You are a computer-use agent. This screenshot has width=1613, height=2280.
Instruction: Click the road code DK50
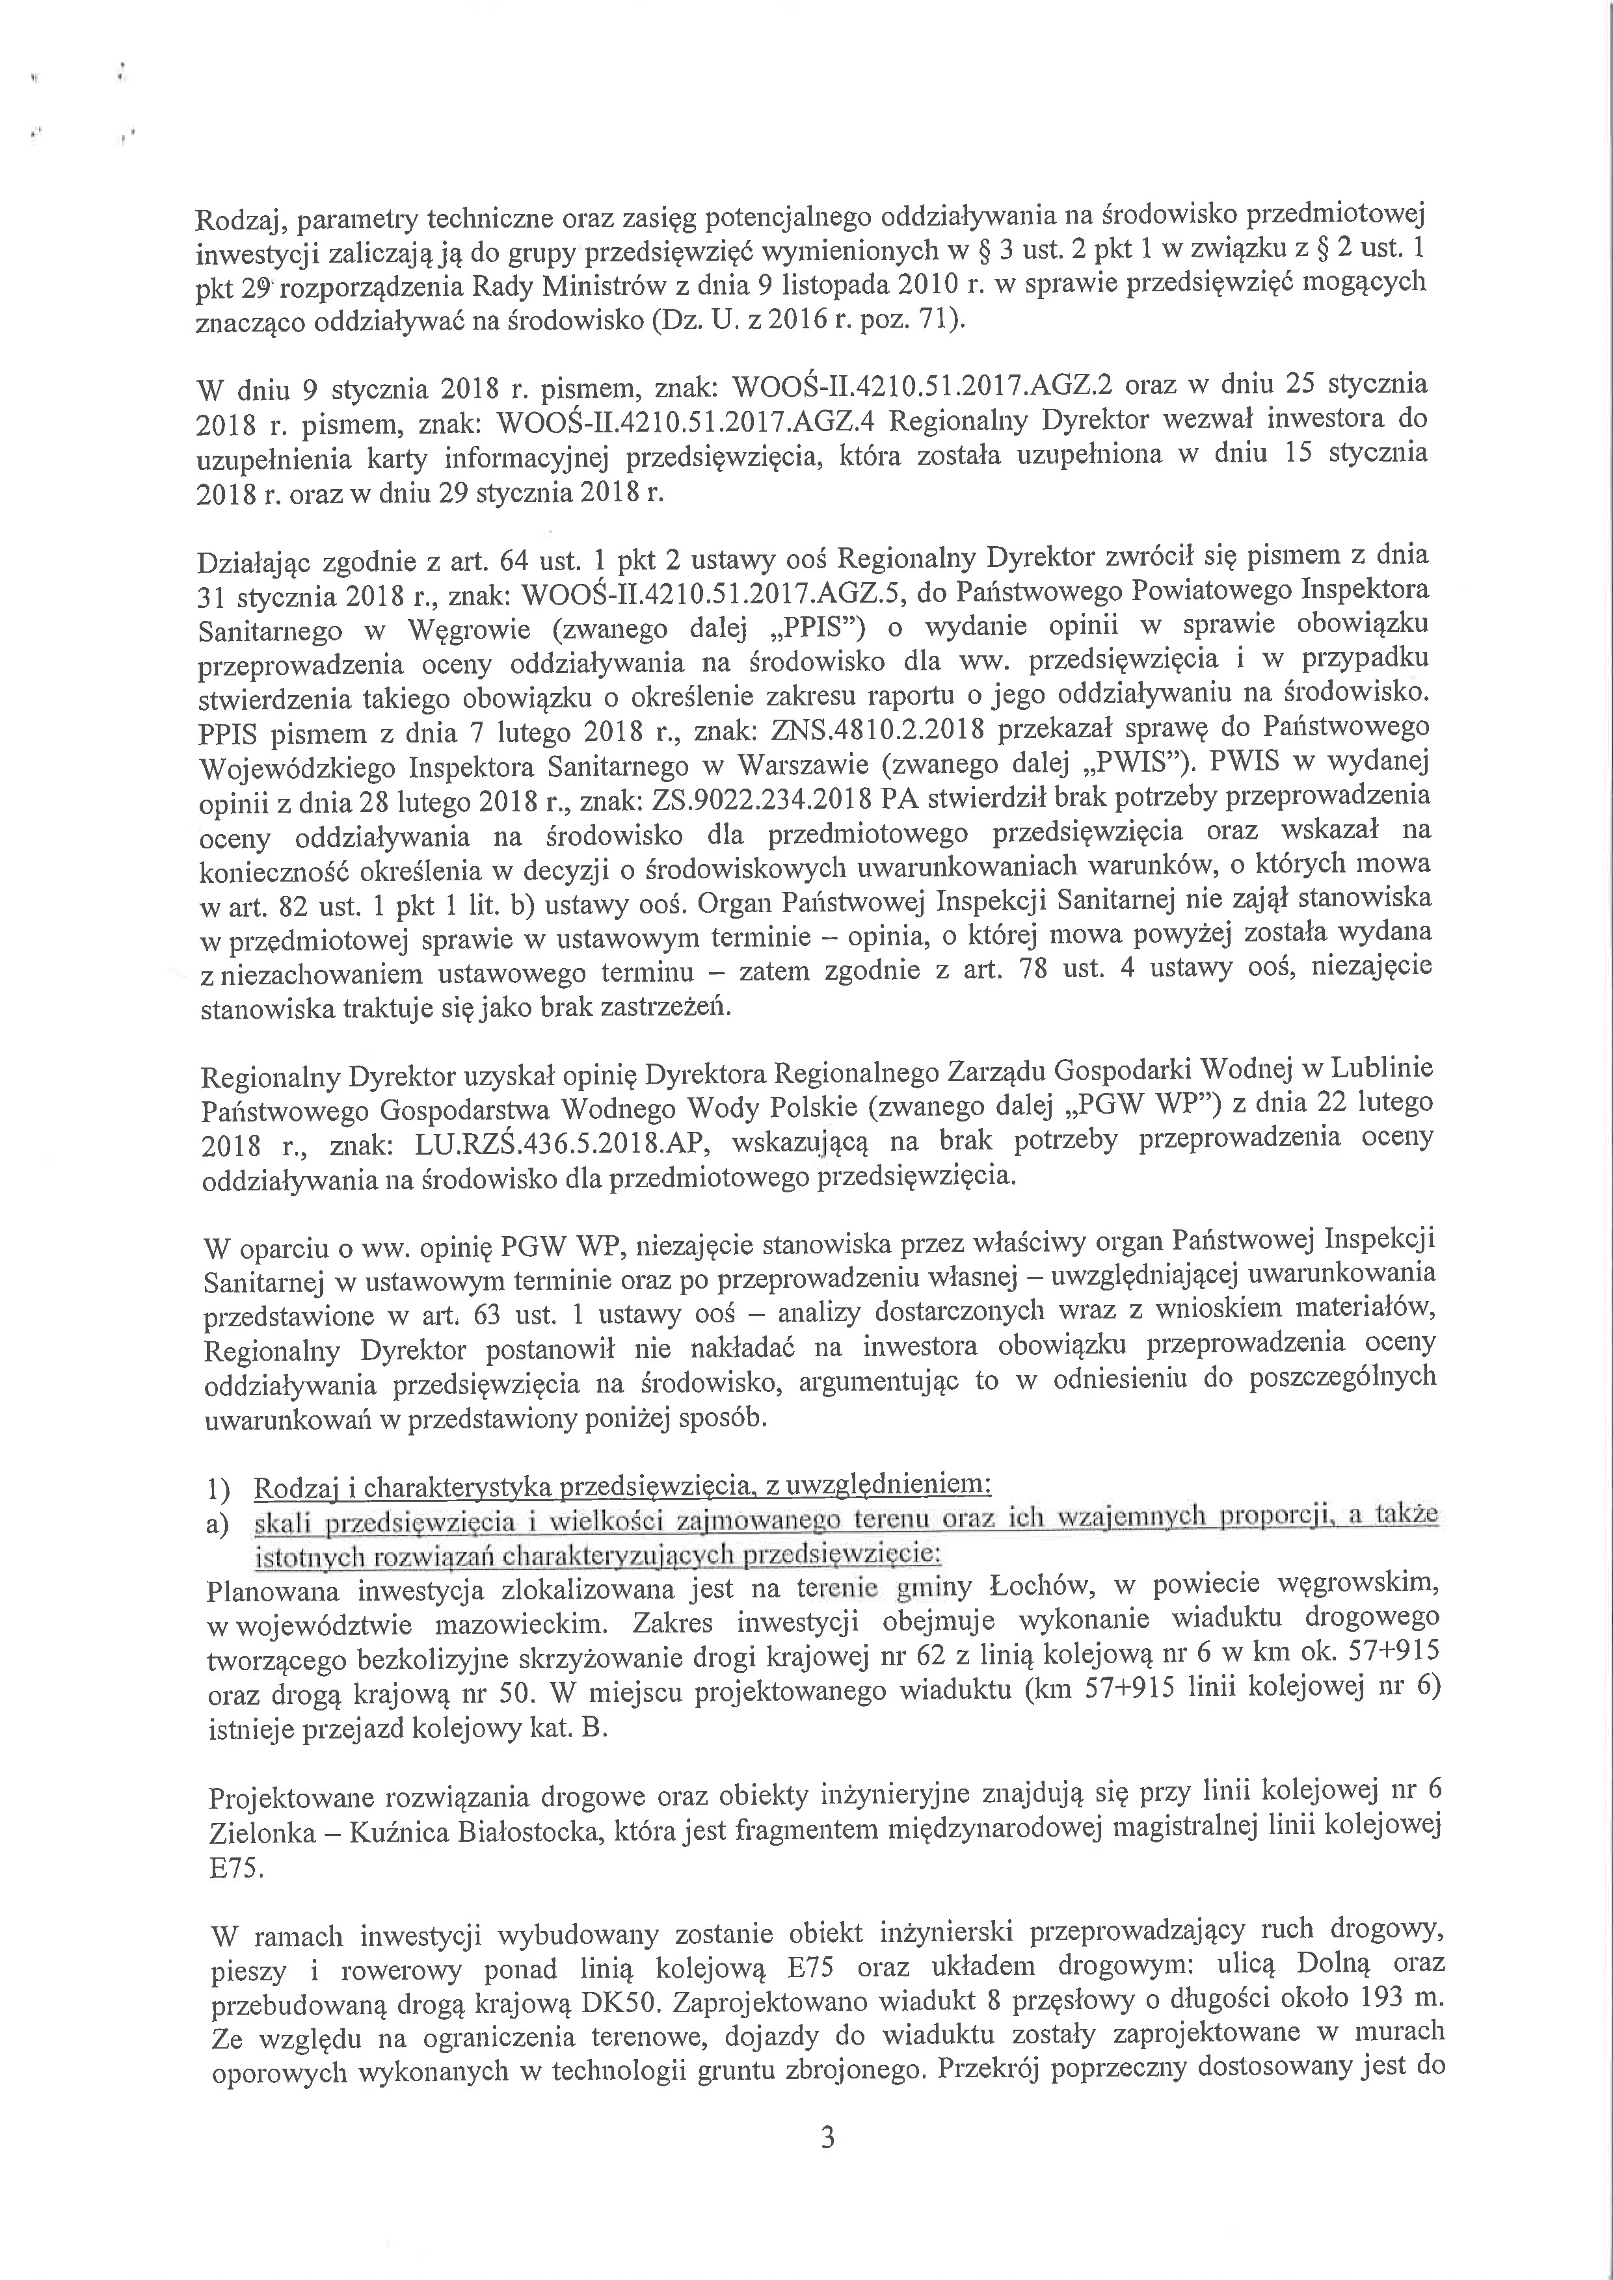(x=617, y=2001)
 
